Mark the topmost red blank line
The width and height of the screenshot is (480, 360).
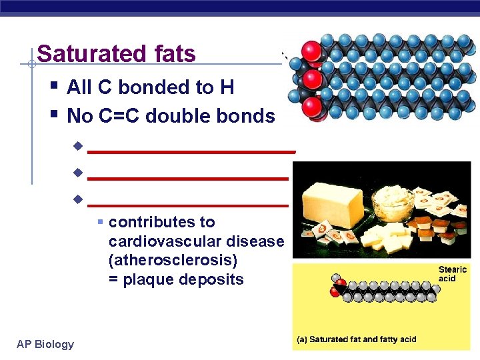191,152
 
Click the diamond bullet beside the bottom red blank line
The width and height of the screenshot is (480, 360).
77,199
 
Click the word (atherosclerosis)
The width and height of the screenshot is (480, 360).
173,260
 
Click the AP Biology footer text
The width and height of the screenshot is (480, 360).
45,344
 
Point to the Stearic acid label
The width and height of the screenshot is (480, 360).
452,274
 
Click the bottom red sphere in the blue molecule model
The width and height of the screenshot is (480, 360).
312,107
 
